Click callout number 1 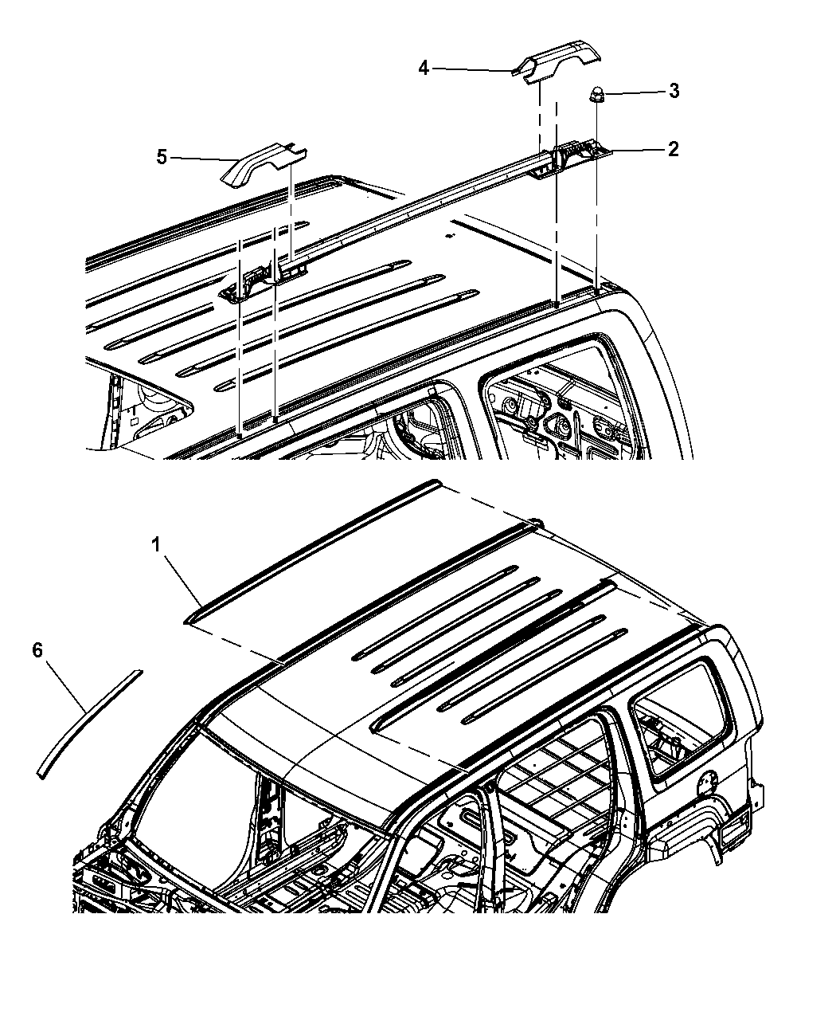(156, 546)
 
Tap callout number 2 (673, 149)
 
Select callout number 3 (674, 91)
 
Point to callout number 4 (424, 68)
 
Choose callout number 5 (162, 157)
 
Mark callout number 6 (38, 650)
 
